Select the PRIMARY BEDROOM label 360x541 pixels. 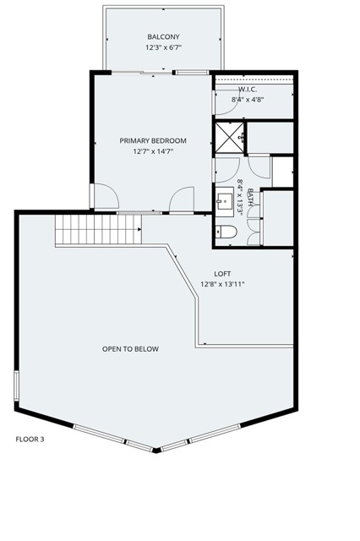coord(153,140)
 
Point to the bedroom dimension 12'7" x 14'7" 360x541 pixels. coord(153,152)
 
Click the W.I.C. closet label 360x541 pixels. coord(248,89)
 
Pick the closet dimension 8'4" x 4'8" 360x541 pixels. coord(248,99)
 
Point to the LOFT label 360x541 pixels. coord(222,273)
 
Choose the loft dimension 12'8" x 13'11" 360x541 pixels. coord(222,285)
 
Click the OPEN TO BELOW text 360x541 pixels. coord(130,348)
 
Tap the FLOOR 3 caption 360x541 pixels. coord(30,439)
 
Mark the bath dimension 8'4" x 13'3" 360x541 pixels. coord(240,198)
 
